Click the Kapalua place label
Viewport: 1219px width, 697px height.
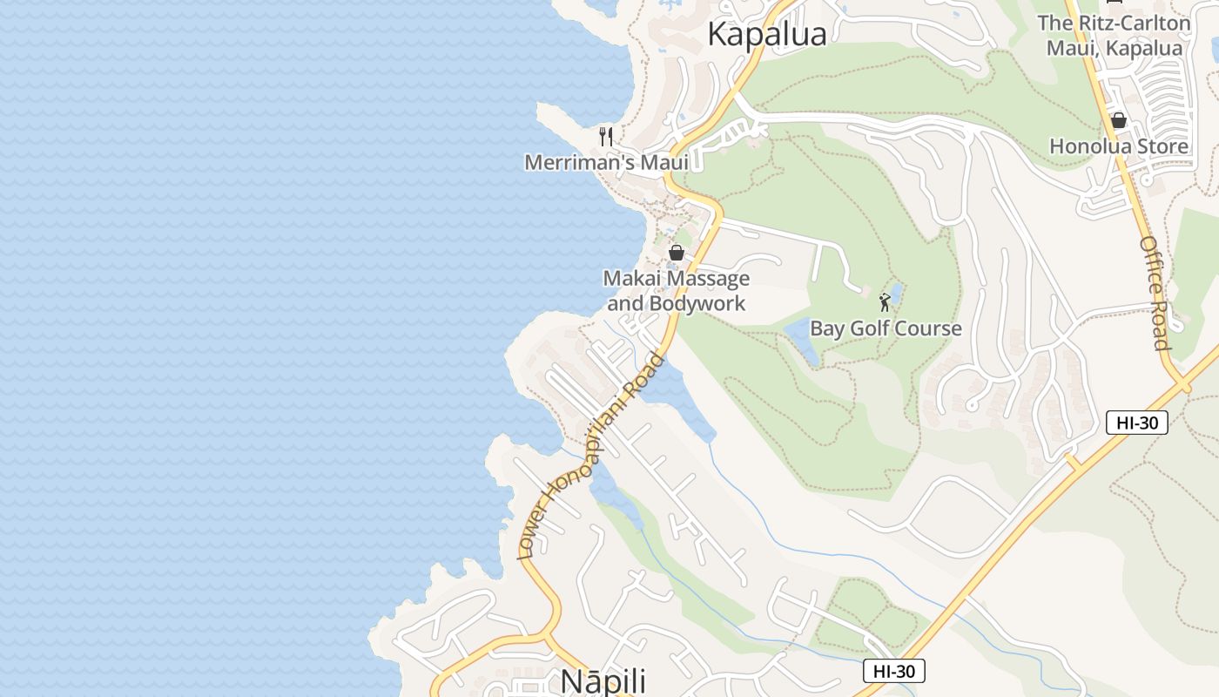(x=766, y=35)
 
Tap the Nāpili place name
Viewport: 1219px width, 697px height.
(x=603, y=680)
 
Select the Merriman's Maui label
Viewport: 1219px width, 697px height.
(x=606, y=162)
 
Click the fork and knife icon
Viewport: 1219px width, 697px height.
(x=606, y=136)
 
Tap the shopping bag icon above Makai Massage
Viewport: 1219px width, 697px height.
(x=676, y=253)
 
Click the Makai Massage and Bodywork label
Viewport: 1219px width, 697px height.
(x=677, y=291)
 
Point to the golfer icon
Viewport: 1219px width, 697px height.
(x=885, y=302)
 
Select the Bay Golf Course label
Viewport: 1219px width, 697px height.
(x=886, y=328)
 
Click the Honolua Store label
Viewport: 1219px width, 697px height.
(x=1118, y=146)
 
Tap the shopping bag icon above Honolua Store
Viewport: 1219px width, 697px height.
(x=1118, y=120)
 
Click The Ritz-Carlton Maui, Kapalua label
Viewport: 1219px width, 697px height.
(x=1114, y=35)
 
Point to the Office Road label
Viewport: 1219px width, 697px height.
(x=1155, y=292)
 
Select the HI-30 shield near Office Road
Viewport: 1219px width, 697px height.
(x=1136, y=423)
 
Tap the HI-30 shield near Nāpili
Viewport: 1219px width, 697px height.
(x=893, y=671)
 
